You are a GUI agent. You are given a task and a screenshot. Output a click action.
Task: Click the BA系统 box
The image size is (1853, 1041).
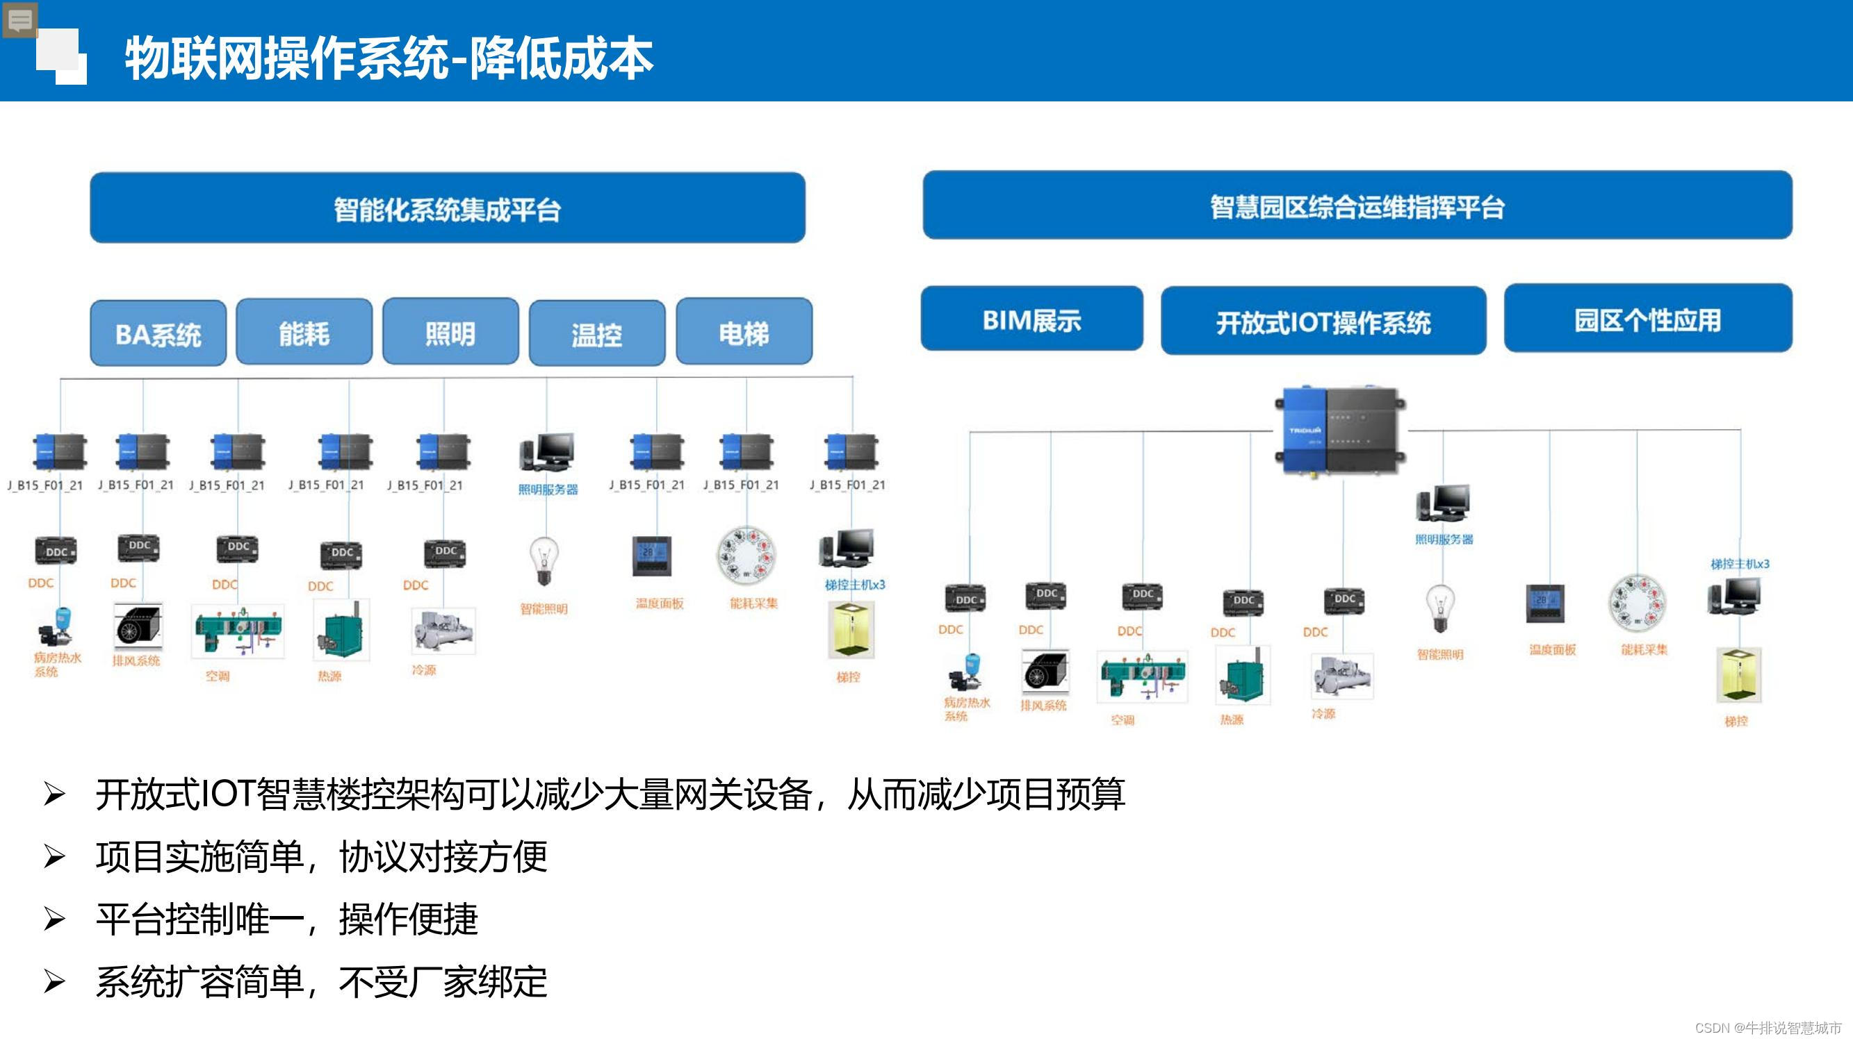click(158, 333)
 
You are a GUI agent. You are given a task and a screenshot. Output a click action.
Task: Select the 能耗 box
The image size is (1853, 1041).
click(304, 333)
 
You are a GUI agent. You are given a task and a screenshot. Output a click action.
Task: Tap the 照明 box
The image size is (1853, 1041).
click(450, 332)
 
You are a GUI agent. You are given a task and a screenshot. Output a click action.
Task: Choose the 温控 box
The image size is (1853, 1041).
click(597, 333)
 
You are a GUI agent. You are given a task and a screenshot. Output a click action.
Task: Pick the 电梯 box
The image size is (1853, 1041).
click(744, 332)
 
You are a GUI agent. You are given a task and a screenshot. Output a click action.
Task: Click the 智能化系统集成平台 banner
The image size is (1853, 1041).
click(448, 208)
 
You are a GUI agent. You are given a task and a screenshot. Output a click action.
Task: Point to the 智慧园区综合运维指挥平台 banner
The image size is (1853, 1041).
click(1357, 206)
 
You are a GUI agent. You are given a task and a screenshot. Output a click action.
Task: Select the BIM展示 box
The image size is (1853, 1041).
click(1031, 319)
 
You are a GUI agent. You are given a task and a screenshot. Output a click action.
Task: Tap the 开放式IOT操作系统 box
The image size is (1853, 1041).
click(1323, 322)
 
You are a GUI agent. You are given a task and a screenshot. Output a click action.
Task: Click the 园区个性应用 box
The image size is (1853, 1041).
click(1647, 319)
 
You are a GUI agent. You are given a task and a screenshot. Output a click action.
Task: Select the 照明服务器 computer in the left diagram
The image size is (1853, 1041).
click(548, 453)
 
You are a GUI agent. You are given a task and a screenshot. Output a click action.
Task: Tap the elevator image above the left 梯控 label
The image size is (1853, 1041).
click(850, 631)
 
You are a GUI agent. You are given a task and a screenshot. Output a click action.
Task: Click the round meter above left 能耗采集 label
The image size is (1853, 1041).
click(746, 555)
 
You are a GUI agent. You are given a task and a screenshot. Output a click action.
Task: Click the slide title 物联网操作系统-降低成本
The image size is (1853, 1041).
click(389, 58)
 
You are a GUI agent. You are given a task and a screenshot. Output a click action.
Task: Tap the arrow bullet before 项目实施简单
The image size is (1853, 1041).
click(55, 856)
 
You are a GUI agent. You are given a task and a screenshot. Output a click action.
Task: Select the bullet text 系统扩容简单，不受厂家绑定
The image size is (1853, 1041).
click(321, 982)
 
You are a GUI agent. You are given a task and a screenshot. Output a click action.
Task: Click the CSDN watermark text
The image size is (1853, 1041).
click(1767, 1027)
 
